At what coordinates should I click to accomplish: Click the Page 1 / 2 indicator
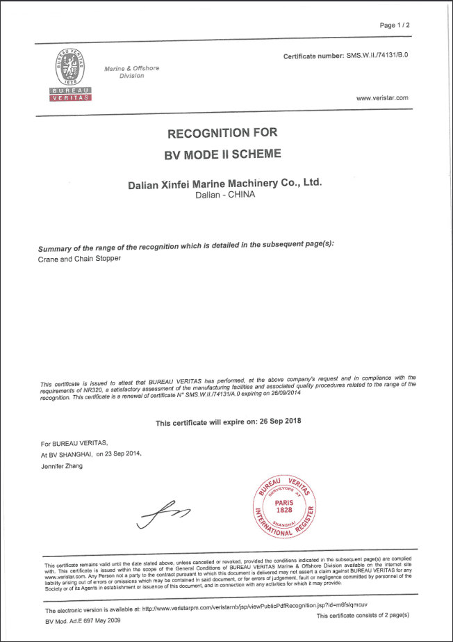point(395,25)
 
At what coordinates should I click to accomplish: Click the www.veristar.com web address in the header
point(381,99)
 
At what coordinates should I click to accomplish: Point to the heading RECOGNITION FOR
point(222,132)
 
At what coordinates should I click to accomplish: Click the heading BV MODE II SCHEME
point(222,153)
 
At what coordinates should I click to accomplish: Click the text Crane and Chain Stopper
point(79,258)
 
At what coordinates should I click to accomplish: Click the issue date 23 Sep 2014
point(124,454)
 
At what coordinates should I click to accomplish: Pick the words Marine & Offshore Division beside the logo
point(131,72)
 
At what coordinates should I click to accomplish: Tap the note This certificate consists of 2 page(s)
point(363,616)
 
